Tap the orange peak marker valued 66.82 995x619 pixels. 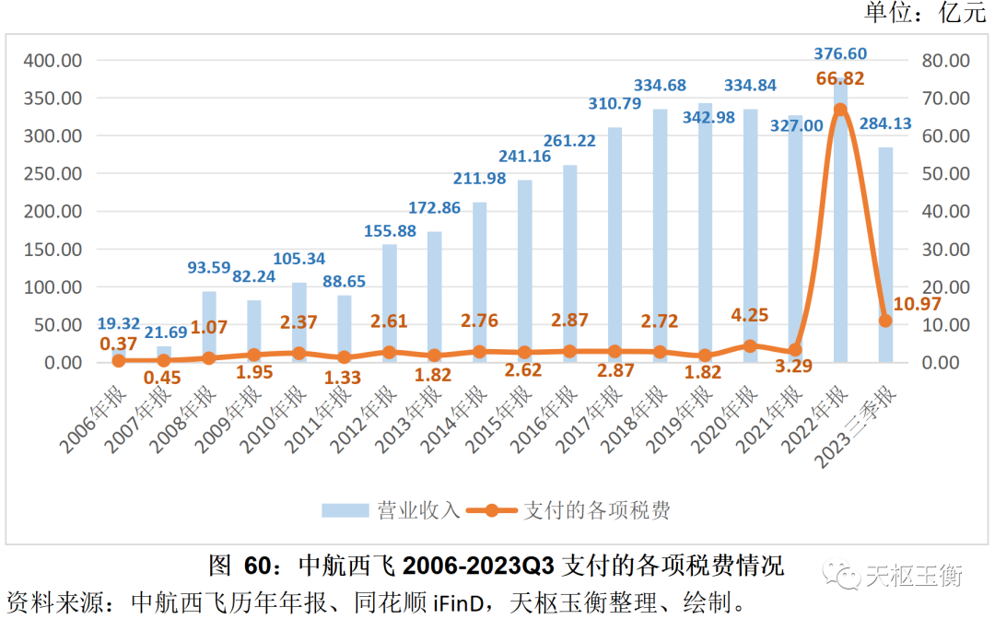point(840,110)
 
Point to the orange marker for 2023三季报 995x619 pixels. point(885,321)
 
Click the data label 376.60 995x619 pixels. point(840,54)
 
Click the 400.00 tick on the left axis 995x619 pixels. point(53,60)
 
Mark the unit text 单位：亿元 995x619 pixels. point(923,13)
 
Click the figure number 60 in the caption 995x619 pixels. point(256,565)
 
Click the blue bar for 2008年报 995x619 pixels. point(209,327)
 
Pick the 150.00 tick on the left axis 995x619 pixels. point(53,249)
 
